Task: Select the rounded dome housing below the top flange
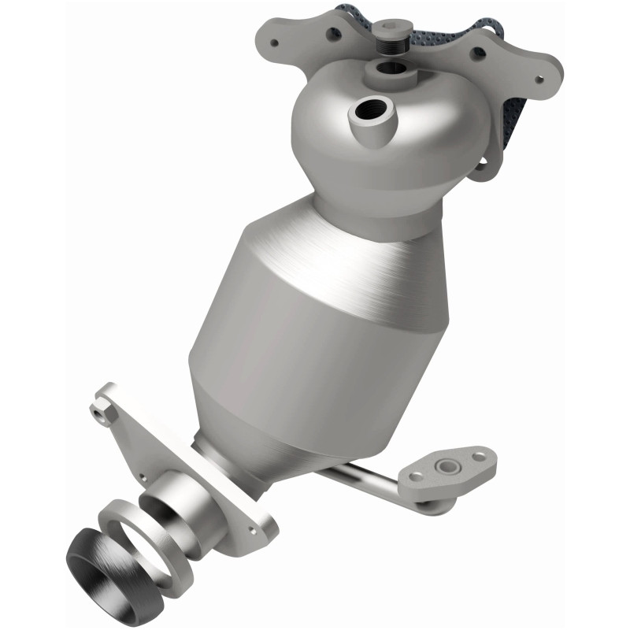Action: (394, 142)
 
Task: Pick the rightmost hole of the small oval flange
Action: (480, 454)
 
